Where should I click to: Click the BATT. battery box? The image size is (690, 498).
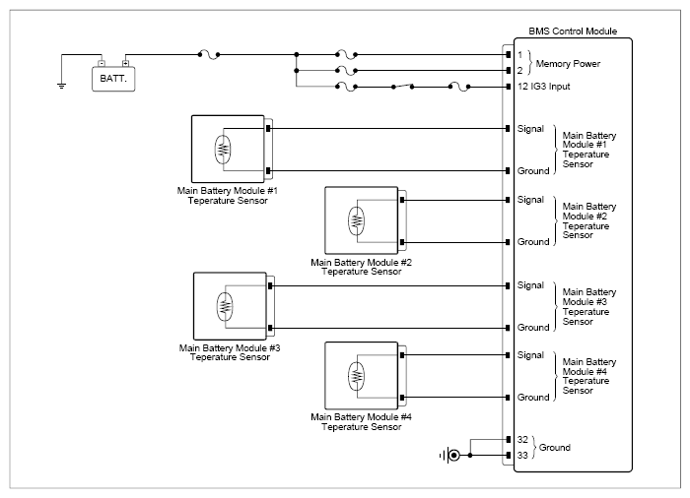tap(113, 79)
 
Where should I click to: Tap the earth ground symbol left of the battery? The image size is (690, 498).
tap(61, 86)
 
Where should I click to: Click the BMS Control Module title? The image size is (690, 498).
tap(573, 31)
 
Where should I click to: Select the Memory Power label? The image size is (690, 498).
tap(568, 64)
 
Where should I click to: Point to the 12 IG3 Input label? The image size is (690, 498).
tap(543, 87)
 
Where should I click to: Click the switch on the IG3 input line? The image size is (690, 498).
tap(402, 87)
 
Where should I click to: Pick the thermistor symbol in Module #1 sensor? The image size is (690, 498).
tap(223, 150)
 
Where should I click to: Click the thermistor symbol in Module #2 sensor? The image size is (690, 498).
tap(357, 220)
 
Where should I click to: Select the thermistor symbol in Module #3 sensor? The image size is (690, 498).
tap(225, 306)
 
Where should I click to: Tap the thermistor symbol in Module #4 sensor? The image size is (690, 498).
tap(357, 376)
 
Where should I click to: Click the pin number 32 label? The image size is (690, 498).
tap(522, 440)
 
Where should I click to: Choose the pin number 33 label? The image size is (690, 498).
tap(522, 456)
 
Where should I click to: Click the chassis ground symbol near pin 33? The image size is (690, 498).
tap(450, 456)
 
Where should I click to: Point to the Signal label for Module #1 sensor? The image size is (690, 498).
tap(530, 129)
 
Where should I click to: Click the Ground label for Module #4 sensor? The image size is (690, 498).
tap(533, 398)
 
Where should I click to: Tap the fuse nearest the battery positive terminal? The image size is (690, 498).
tap(209, 55)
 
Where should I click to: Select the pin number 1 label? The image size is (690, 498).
tap(519, 55)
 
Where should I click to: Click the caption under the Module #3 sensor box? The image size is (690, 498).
tap(230, 352)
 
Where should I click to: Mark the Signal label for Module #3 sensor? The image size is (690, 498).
tap(530, 285)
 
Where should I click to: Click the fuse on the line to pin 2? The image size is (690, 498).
tap(346, 71)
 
